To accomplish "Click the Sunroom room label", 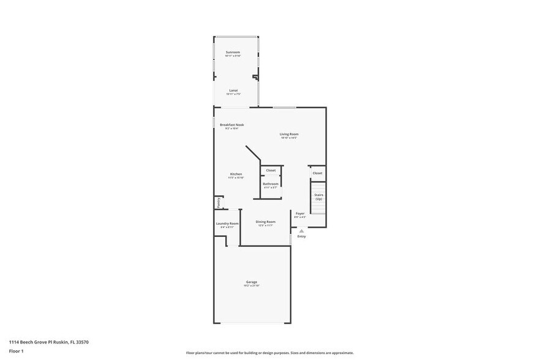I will click(233, 52).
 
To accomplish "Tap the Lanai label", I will click(233, 90).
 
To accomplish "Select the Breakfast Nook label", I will click(231, 124).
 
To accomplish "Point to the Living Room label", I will click(289, 134).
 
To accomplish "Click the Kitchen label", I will click(236, 174).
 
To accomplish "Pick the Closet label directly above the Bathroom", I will click(271, 170).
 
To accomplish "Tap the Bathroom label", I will click(271, 184).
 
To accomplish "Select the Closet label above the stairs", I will click(317, 173).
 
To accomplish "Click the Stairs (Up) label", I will click(318, 197).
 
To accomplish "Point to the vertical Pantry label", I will click(218, 203).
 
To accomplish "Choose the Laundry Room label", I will click(227, 223).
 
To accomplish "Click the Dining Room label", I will click(265, 222).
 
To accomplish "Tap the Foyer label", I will click(300, 214).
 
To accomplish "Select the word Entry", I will click(301, 236).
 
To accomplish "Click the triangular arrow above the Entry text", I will click(301, 231).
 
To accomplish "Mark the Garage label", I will click(252, 282).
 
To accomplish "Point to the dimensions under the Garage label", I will click(252, 286).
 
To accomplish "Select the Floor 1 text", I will click(16, 351).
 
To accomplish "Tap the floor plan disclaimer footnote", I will click(269, 353).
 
